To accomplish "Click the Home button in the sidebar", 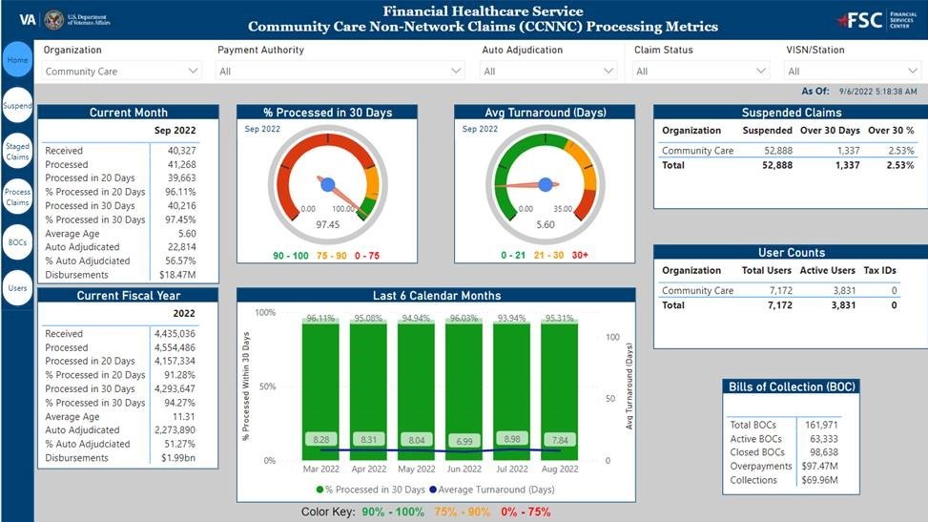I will coord(17,61).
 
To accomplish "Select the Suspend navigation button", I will coord(17,106).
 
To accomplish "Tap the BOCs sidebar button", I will coord(17,242).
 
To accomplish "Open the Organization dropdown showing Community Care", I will coord(122,71).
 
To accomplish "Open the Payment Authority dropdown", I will coord(340,71).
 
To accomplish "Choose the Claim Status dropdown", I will coord(701,71).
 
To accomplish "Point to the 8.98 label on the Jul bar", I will coord(511,439).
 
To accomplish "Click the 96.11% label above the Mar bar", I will coord(320,319).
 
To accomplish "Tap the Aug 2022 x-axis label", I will coord(559,470).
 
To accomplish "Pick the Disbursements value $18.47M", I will coord(175,275).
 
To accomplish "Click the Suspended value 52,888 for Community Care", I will coord(772,151).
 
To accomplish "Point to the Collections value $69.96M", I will coord(818,480).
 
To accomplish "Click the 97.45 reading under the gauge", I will coord(328,224).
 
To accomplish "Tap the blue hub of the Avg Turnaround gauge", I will coord(546,184).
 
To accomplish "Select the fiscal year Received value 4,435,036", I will coord(174,334).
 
